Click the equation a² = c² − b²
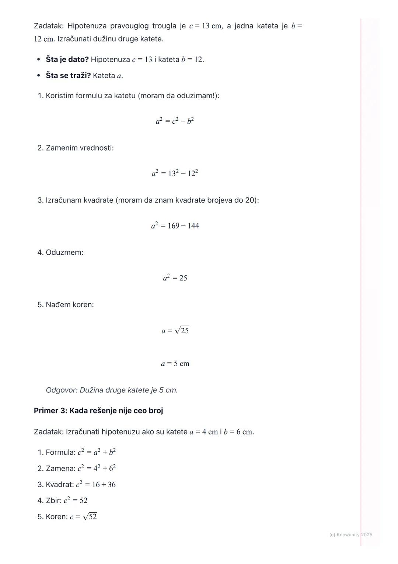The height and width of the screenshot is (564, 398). coord(175,121)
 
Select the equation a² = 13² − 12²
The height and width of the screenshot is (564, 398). coord(175,173)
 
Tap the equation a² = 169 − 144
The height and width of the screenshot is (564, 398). coord(175,226)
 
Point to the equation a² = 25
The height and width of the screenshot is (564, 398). coord(175,278)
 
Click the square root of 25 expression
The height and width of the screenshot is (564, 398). coord(181,330)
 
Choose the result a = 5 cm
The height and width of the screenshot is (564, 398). coord(175,364)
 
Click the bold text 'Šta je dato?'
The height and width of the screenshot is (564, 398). coord(67,59)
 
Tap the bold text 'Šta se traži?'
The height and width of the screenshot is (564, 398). coord(68,76)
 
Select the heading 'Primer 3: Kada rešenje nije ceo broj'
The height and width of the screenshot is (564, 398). coord(98,411)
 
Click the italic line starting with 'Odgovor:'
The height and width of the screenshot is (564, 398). coord(112,390)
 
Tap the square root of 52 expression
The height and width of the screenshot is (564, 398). coord(90,516)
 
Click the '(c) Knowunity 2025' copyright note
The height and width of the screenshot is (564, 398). coord(350,534)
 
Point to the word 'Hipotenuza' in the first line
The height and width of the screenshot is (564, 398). coord(87,26)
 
